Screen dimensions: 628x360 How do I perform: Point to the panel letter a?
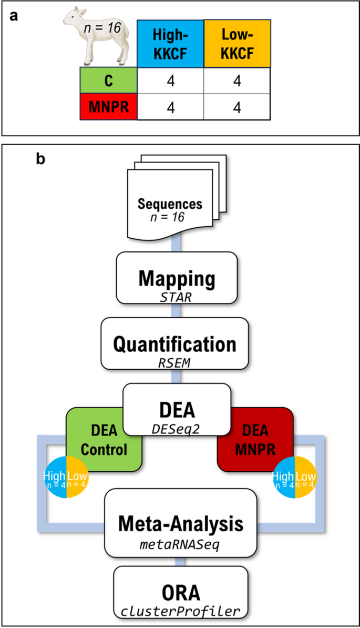click(x=15, y=16)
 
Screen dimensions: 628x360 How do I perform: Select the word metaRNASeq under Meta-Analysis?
click(x=180, y=545)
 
